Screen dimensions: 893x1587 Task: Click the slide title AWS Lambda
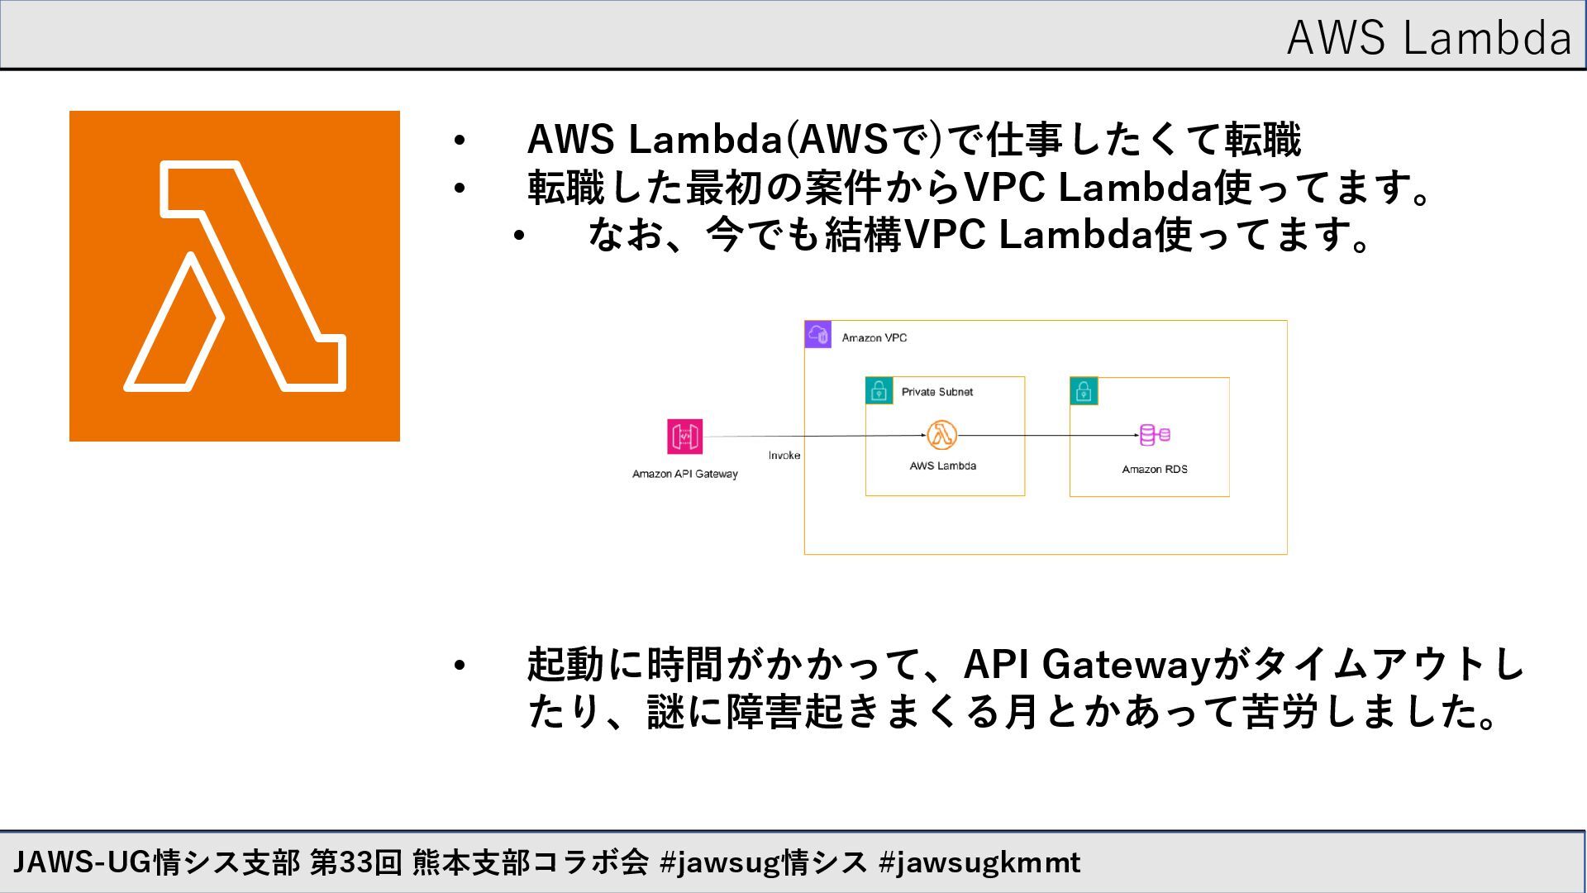pyautogui.click(x=1428, y=38)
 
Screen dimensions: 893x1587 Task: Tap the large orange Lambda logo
pyautogui.click(x=235, y=276)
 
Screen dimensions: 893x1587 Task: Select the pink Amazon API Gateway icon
pyautogui.click(x=685, y=437)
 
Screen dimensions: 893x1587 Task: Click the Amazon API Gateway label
pyautogui.click(x=684, y=474)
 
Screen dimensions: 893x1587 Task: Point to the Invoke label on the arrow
pyautogui.click(x=784, y=456)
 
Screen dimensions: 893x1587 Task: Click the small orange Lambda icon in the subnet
pyautogui.click(x=941, y=435)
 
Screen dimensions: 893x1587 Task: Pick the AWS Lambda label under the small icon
pyautogui.click(x=942, y=466)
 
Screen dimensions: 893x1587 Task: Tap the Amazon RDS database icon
pyautogui.click(x=1155, y=435)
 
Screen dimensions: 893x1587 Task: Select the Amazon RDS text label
pyautogui.click(x=1154, y=470)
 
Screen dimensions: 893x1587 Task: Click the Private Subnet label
pyautogui.click(x=936, y=392)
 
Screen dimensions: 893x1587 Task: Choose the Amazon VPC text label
pyautogui.click(x=874, y=337)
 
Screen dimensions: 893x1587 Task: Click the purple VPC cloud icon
pyautogui.click(x=817, y=335)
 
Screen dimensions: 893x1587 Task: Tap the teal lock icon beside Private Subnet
pyautogui.click(x=879, y=390)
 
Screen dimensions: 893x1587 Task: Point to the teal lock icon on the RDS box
pyautogui.click(x=1084, y=390)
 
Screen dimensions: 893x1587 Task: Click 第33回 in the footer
pyautogui.click(x=355, y=863)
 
